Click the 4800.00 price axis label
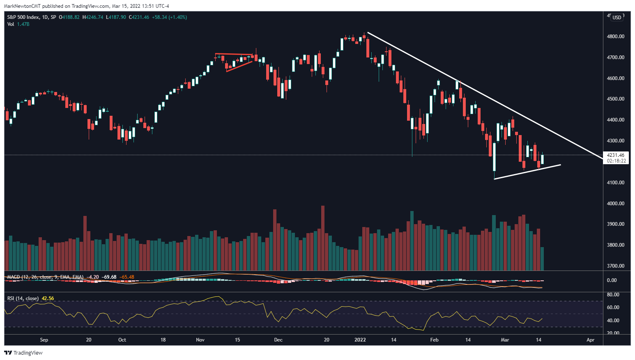click(615, 37)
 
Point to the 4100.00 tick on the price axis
click(615, 183)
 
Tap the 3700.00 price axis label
click(615, 266)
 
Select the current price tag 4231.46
click(616, 155)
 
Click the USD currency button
click(617, 18)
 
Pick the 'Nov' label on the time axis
click(200, 340)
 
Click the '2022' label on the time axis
click(360, 340)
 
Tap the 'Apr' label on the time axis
click(590, 340)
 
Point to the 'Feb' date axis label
click(434, 340)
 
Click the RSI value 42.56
click(48, 298)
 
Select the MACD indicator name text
click(14, 277)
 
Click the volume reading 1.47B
click(23, 24)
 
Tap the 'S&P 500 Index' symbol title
click(23, 17)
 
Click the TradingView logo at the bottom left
click(23, 353)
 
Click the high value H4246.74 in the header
click(92, 17)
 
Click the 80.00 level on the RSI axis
click(613, 295)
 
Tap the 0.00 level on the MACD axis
click(612, 280)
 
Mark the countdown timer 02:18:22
click(617, 161)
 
